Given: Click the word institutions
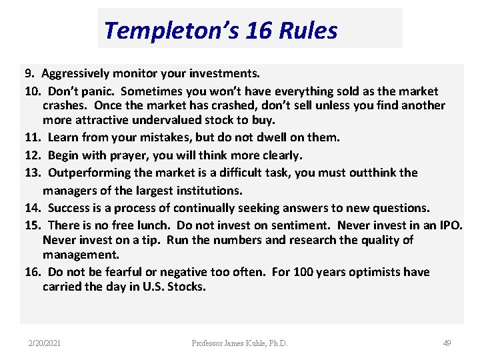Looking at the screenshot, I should (x=204, y=190).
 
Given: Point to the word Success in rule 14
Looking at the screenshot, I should (x=70, y=207).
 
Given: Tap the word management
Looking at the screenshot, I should (x=80, y=255).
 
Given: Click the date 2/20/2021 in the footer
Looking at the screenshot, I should (x=45, y=343).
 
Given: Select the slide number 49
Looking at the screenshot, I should (x=447, y=343).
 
